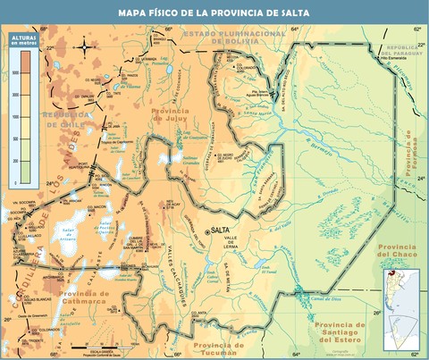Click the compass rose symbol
click(x=84, y=46)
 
